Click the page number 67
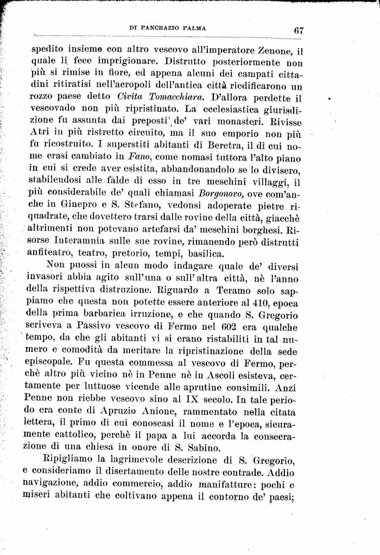tap(298, 30)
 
